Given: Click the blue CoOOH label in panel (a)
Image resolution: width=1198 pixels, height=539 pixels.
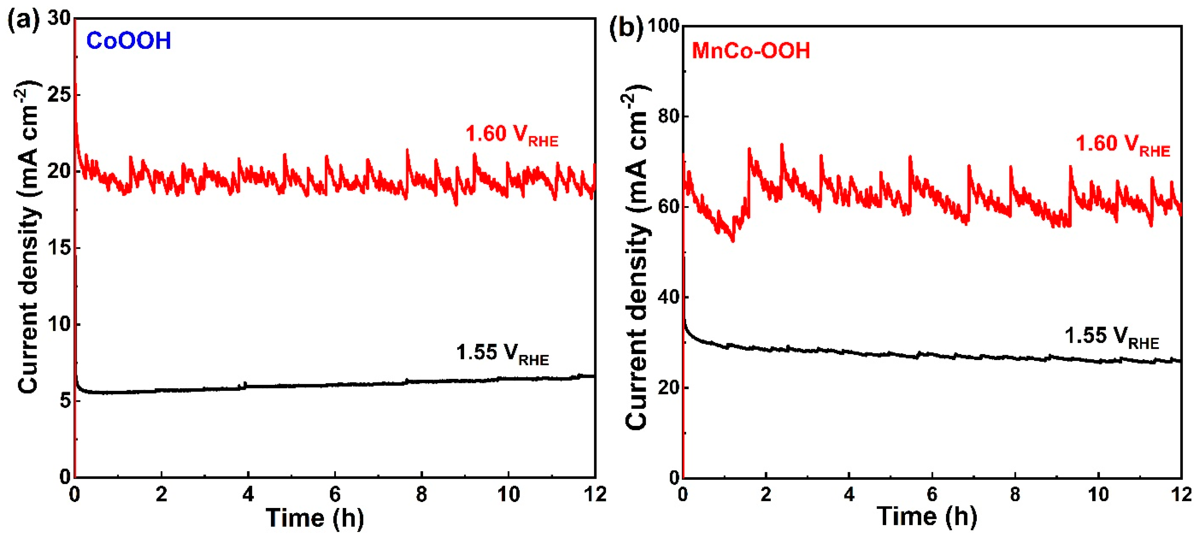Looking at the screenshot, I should pyautogui.click(x=128, y=41).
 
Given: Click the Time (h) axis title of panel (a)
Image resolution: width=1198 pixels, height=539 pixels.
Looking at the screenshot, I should pyautogui.click(x=315, y=518).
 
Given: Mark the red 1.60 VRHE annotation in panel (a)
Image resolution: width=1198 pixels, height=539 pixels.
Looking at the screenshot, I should pyautogui.click(x=511, y=135).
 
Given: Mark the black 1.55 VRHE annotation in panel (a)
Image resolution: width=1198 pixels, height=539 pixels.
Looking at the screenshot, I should pyautogui.click(x=502, y=353).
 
